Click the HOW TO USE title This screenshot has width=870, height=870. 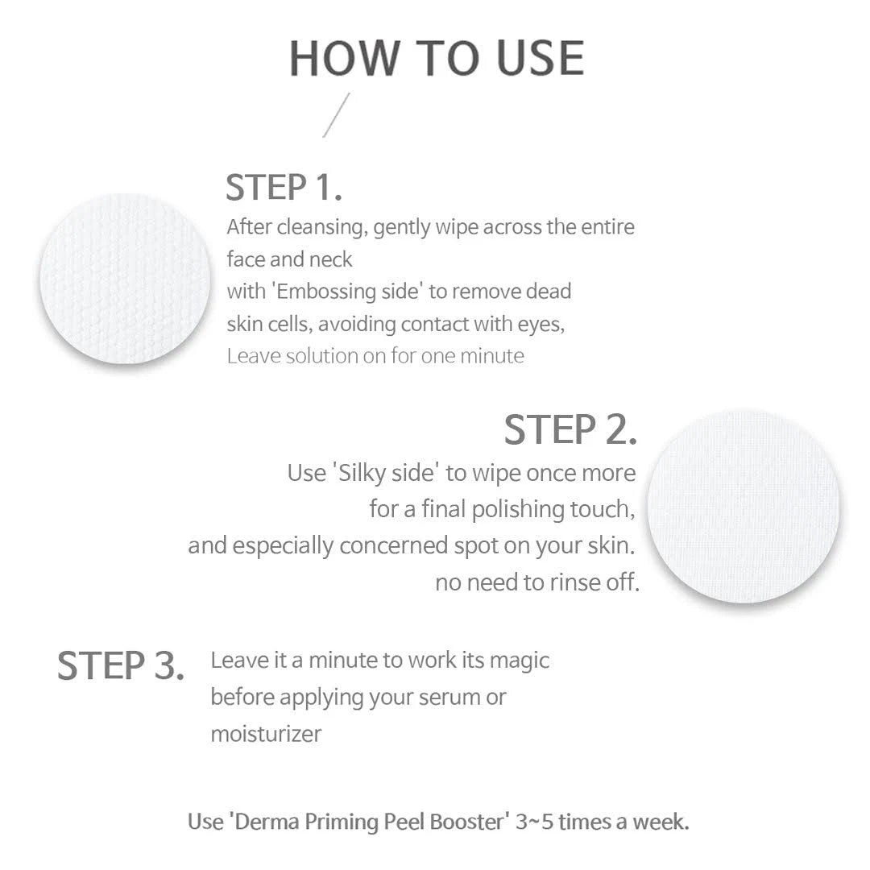(436, 58)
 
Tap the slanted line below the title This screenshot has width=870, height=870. (337, 115)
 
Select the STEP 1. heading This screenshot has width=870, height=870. (284, 188)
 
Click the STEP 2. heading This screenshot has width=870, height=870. (570, 429)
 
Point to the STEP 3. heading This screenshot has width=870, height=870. (121, 666)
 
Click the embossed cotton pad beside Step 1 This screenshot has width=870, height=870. (125, 278)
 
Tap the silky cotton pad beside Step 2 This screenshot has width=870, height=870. (743, 506)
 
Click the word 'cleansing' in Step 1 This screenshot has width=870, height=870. (322, 227)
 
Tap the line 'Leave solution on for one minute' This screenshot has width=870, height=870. (375, 356)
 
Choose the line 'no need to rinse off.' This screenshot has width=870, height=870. (536, 582)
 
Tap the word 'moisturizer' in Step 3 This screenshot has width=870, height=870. (266, 734)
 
